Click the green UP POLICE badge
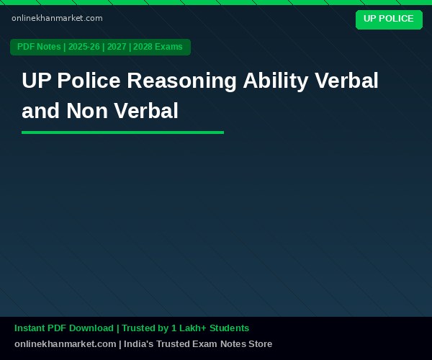pyautogui.click(x=389, y=19)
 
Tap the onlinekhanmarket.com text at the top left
pyautogui.click(x=57, y=19)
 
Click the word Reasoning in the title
pyautogui.click(x=181, y=81)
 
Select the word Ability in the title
pyautogui.click(x=275, y=81)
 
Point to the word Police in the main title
pyautogui.click(x=89, y=81)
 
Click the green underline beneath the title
pyautogui.click(x=122, y=132)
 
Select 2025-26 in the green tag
pyautogui.click(x=84, y=47)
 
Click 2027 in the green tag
pyautogui.click(x=117, y=47)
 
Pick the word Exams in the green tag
pyautogui.click(x=168, y=47)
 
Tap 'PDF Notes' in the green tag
pyautogui.click(x=39, y=47)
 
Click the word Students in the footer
pyautogui.click(x=229, y=328)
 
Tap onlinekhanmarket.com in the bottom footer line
pyautogui.click(x=66, y=344)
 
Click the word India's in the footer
pyautogui.click(x=139, y=344)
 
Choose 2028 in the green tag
pyautogui.click(x=143, y=47)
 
